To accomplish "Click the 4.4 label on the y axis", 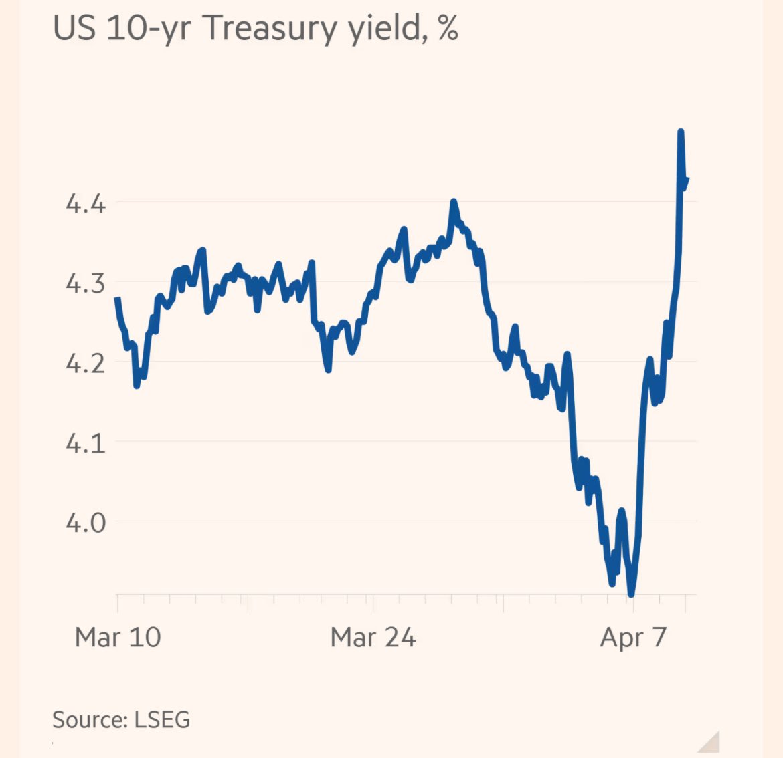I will click(86, 203).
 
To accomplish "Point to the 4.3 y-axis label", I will click(86, 283).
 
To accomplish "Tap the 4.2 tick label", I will click(86, 363).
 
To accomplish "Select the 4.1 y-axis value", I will click(86, 443).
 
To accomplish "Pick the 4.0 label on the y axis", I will click(86, 522).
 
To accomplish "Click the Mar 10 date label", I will click(118, 637).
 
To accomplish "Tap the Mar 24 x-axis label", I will click(373, 637).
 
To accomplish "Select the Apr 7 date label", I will click(633, 637).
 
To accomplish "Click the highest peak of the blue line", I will click(681, 132).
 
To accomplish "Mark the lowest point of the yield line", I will click(631, 593).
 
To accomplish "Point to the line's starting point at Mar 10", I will click(118, 299).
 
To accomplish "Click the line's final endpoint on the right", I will click(687, 178).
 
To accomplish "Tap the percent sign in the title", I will click(448, 29).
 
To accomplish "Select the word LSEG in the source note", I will click(162, 719).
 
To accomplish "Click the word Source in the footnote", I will click(89, 719).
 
